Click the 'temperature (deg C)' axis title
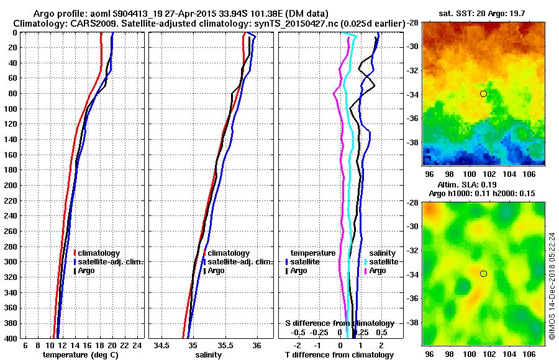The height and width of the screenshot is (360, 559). click(81, 355)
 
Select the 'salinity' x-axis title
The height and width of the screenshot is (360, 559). click(209, 355)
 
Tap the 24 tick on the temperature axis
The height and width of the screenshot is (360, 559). click(138, 345)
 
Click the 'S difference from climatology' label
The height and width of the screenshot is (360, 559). click(339, 323)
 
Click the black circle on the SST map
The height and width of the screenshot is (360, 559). click(484, 94)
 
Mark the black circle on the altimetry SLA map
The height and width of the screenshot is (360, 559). click(484, 274)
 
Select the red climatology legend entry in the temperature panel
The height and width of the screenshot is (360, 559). click(99, 253)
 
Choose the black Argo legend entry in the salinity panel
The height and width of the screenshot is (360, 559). click(216, 271)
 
